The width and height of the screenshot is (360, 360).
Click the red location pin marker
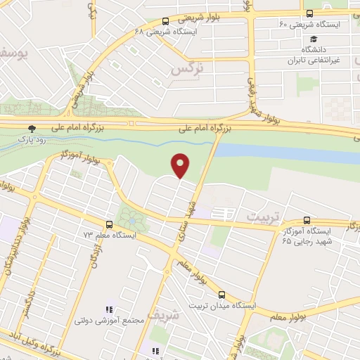[x=181, y=165]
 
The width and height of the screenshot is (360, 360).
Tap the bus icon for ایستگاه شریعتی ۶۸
[x=165, y=22]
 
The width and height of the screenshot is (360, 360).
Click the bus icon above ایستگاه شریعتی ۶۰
[x=310, y=14]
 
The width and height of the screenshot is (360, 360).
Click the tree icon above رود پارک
[x=31, y=128]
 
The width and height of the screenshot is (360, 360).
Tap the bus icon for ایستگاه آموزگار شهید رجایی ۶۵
[x=305, y=220]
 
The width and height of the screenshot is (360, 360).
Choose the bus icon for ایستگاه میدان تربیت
[x=221, y=295]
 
